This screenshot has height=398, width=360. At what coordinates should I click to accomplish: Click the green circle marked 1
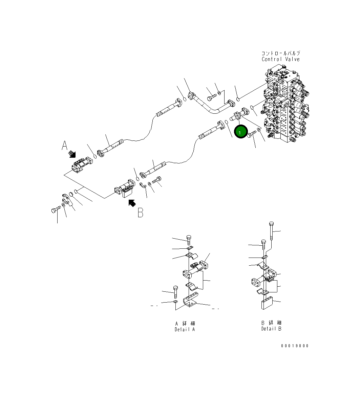click(x=240, y=133)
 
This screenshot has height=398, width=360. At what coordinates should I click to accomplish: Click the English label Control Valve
click(x=280, y=59)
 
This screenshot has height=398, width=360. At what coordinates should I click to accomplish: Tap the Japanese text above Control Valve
click(x=280, y=53)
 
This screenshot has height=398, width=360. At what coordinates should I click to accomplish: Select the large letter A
click(x=65, y=146)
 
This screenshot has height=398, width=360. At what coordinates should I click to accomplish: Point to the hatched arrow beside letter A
click(x=72, y=154)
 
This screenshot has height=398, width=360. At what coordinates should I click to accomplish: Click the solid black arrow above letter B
click(x=132, y=203)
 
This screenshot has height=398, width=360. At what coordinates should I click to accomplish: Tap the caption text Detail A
click(x=185, y=329)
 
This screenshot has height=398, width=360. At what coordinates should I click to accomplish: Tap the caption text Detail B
click(x=271, y=329)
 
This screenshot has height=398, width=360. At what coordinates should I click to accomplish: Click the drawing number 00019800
click(x=294, y=346)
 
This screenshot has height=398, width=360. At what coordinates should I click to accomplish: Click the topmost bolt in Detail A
click(x=189, y=239)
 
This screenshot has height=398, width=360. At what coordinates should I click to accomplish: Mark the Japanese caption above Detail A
click(x=185, y=324)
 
